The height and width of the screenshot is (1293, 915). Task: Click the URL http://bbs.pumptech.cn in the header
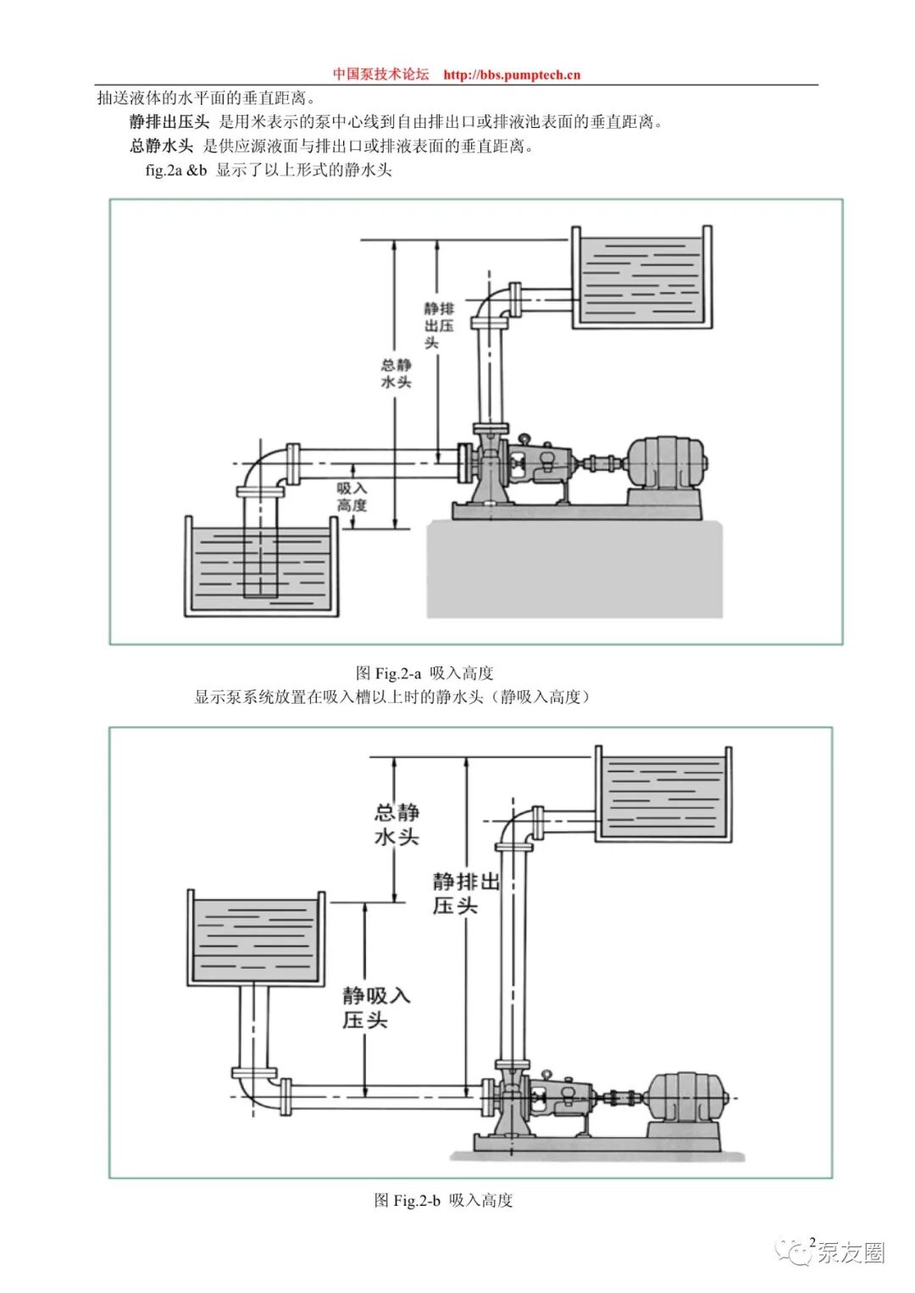coord(512,75)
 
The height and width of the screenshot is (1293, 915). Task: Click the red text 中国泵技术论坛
coord(380,75)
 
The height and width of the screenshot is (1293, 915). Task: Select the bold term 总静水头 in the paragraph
coord(161,146)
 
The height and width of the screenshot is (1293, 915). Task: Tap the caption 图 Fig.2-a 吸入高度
coord(424,672)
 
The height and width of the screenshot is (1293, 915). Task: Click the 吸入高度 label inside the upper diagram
coord(352,496)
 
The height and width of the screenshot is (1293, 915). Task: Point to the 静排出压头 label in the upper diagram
coord(439,325)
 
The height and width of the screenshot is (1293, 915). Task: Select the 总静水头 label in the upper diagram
coord(396,373)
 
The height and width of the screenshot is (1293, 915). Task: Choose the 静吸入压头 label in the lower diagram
coord(376,1008)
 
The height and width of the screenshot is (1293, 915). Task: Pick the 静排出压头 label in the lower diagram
coord(466,893)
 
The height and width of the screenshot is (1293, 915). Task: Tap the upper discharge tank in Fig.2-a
coord(642,278)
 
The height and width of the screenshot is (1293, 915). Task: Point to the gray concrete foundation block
coord(574,568)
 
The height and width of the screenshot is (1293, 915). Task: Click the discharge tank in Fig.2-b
coord(663,794)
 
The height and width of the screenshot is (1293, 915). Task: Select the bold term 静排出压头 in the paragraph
coord(169,123)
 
